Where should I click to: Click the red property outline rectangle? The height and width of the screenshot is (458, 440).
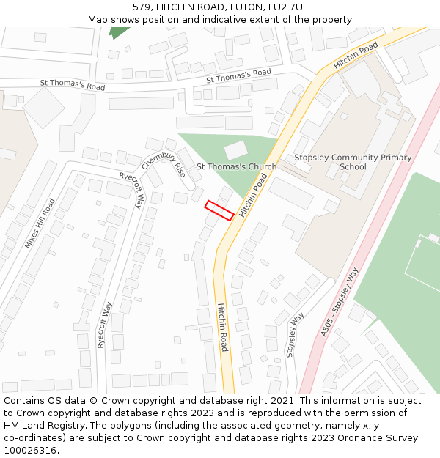tap(219, 210)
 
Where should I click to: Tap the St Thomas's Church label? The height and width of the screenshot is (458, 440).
tap(236, 166)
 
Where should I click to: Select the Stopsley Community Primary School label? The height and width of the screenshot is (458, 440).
tap(353, 162)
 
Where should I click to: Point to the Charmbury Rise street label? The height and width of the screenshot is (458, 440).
tap(164, 170)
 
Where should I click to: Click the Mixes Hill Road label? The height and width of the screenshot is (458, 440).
tap(40, 223)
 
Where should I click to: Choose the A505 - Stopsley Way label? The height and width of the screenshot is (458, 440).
tap(340, 303)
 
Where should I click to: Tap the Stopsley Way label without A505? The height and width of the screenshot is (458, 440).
tap(294, 334)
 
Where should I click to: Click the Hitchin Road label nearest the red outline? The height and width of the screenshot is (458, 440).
tap(252, 193)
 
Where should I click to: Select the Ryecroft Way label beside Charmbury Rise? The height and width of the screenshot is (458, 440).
tap(131, 190)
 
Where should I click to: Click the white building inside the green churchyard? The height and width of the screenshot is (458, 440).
tap(235, 150)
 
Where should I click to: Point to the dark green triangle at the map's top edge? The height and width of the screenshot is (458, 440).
tap(118, 32)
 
